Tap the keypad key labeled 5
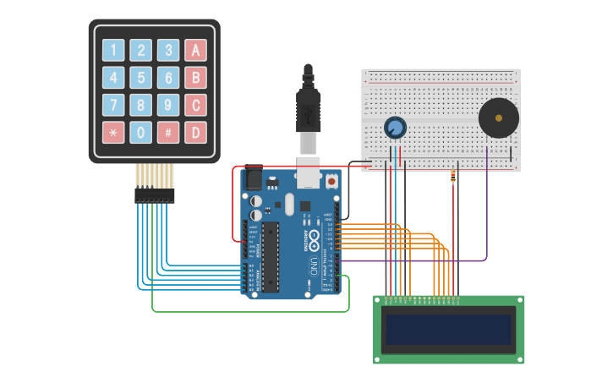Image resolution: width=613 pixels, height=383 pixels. coord(141,78)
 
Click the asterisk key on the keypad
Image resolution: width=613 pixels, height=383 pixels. coord(113,132)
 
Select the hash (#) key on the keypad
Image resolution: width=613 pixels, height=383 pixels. coord(168,132)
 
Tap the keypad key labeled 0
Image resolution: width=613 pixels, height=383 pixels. coord(141,132)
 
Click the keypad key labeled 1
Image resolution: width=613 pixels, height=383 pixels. coord(113,50)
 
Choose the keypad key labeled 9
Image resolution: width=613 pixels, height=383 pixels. coord(168,105)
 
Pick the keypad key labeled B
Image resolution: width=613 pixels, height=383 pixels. coord(195,78)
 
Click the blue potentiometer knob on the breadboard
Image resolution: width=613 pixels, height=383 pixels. coord(394,128)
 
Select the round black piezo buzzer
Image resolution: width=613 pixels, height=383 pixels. coord(498,118)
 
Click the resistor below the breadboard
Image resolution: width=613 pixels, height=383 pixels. coord(454,178)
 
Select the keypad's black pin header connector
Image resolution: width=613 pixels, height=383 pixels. coord(155,195)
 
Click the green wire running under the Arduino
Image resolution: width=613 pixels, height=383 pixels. coord(254,311)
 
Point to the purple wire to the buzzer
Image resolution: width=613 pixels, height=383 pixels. coord(486,220)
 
